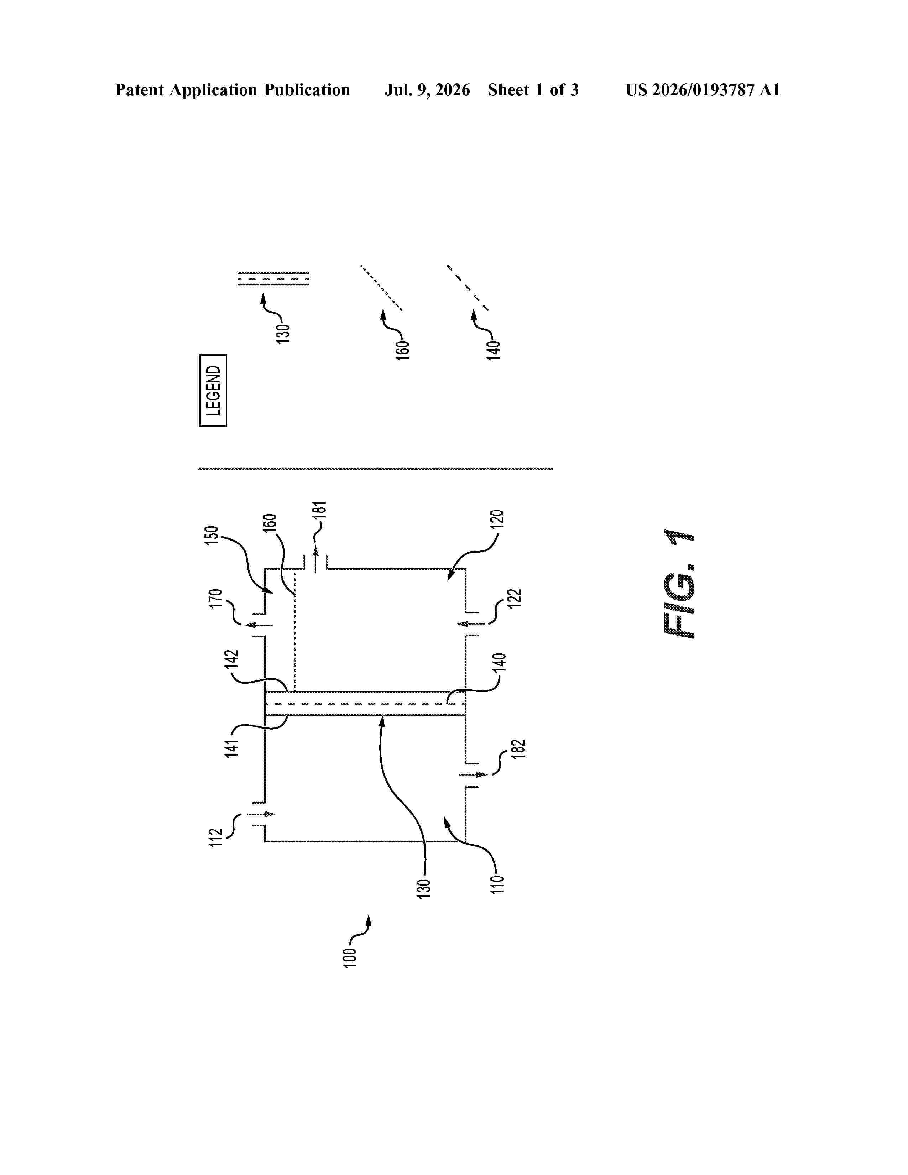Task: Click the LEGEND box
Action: [213, 391]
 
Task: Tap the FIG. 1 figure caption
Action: [679, 584]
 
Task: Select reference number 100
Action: [350, 958]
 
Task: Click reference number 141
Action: [232, 748]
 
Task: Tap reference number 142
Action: [232, 660]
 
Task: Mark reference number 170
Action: [216, 599]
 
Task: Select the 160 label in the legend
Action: [403, 350]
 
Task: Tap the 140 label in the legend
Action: [494, 350]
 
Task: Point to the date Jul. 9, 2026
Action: [427, 90]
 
